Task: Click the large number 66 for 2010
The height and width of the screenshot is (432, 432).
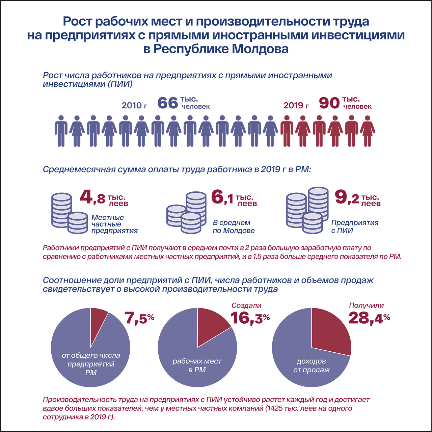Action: pyautogui.click(x=168, y=103)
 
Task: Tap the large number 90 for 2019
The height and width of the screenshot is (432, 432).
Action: pyautogui.click(x=329, y=103)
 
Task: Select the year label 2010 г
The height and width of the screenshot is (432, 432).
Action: pyautogui.click(x=134, y=105)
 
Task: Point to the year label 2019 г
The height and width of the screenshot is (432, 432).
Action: pyautogui.click(x=296, y=105)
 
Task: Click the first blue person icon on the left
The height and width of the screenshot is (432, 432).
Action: pyautogui.click(x=61, y=131)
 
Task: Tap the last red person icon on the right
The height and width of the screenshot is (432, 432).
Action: pyautogui.click(x=368, y=131)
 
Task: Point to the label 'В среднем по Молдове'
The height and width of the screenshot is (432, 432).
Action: pyautogui.click(x=234, y=226)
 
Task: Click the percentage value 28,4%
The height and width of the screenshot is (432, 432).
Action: pyautogui.click(x=369, y=318)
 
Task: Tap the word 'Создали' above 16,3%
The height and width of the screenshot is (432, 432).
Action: pyautogui.click(x=246, y=305)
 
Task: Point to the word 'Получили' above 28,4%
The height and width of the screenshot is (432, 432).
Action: pyautogui.click(x=366, y=305)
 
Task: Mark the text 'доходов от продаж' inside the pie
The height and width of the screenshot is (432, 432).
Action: pyautogui.click(x=312, y=365)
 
